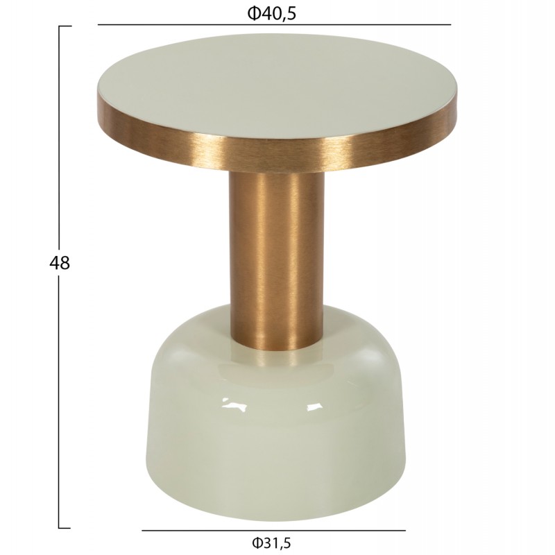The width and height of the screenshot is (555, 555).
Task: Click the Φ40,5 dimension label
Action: pos(271,13)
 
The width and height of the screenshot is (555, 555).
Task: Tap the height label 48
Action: pos(60,263)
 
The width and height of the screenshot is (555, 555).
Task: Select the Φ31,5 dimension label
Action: pos(271,543)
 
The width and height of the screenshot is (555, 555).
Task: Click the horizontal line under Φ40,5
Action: pos(274,25)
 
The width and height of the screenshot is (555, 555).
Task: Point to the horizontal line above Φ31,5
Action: pos(273,531)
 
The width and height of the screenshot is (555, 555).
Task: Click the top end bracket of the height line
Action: pos(65,26)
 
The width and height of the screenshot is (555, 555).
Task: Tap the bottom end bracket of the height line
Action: pos(65,528)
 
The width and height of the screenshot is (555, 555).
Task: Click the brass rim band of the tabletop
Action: pos(277,155)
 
